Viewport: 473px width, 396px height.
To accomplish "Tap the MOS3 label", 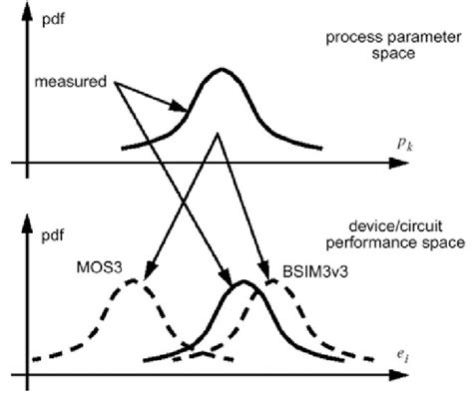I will tap(97, 267).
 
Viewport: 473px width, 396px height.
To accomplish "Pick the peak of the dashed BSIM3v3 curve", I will tap(281, 281).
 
